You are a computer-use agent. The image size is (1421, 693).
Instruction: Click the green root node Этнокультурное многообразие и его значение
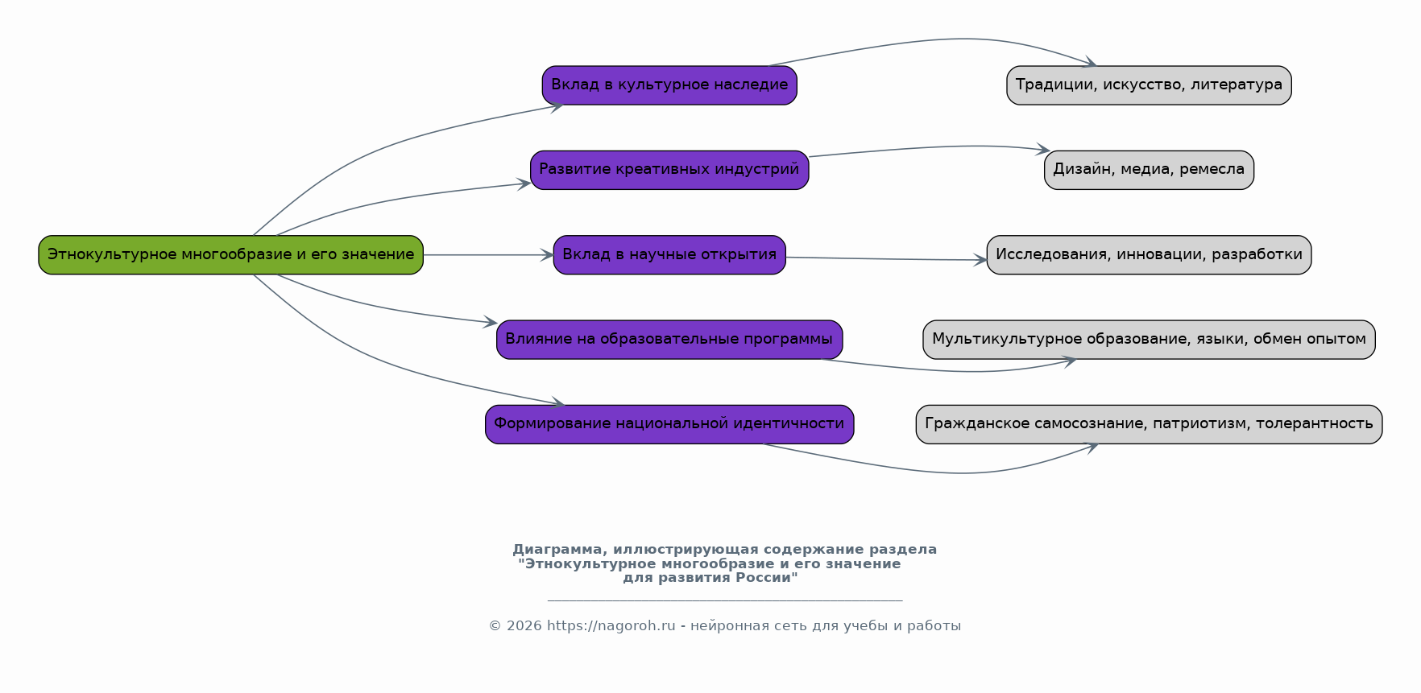pyautogui.click(x=230, y=255)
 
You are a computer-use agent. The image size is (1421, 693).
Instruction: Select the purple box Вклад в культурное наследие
pyautogui.click(x=669, y=85)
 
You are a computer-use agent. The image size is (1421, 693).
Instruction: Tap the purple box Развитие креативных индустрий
pyautogui.click(x=669, y=170)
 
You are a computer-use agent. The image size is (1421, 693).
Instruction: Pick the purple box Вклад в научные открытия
pyautogui.click(x=669, y=255)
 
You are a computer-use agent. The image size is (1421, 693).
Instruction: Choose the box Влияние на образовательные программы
pyautogui.click(x=669, y=340)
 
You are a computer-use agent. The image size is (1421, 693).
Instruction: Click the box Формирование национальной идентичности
pyautogui.click(x=669, y=424)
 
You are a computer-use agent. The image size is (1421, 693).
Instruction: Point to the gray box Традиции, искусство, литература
pyautogui.click(x=1149, y=85)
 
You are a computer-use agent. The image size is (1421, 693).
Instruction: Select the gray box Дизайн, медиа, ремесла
pyautogui.click(x=1149, y=170)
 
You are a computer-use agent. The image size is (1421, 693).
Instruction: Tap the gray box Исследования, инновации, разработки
pyautogui.click(x=1149, y=255)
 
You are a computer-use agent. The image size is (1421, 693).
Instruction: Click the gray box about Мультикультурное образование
pyautogui.click(x=1149, y=340)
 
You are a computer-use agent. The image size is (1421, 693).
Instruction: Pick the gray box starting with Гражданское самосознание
pyautogui.click(x=1149, y=424)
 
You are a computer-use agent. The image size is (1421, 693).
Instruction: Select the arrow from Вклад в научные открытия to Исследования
pyautogui.click(x=886, y=259)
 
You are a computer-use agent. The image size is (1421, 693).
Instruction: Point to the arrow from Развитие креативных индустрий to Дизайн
pyautogui.click(x=926, y=148)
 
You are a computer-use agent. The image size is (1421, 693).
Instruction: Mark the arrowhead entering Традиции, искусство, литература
pyautogui.click(x=1091, y=63)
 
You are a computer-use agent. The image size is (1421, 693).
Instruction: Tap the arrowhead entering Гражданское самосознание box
pyautogui.click(x=1092, y=447)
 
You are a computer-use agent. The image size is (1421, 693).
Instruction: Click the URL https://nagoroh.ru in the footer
pyautogui.click(x=611, y=626)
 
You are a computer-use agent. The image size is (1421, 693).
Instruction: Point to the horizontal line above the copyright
pyautogui.click(x=724, y=600)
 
